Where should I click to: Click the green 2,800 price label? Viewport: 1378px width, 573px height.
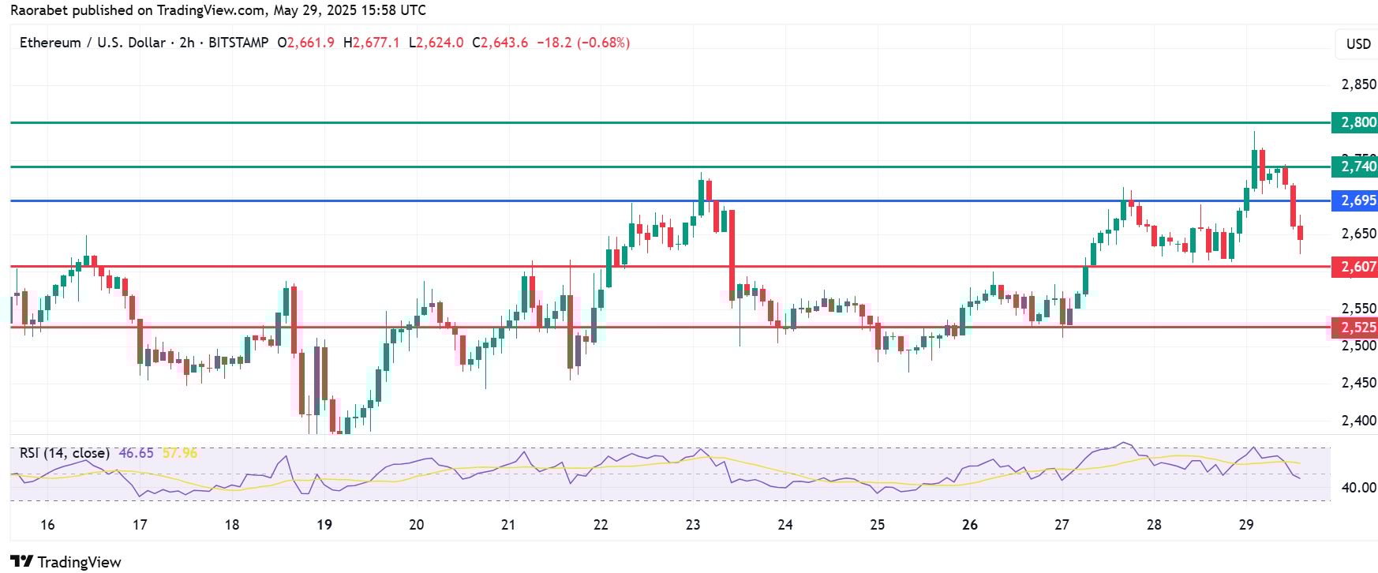pos(1354,122)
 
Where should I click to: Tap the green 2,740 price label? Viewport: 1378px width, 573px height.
pos(1354,167)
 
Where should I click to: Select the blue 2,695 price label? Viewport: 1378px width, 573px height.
pos(1354,200)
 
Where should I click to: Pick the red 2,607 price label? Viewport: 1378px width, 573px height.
pos(1354,267)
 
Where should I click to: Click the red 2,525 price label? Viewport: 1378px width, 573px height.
pos(1354,327)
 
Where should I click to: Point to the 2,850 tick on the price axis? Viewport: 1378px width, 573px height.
pos(1358,84)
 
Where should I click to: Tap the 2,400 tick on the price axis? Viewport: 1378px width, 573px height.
pos(1358,421)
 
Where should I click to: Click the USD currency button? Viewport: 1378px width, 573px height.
pos(1357,44)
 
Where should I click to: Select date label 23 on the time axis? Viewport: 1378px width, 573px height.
pos(693,525)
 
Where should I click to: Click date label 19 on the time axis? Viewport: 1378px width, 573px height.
pos(324,525)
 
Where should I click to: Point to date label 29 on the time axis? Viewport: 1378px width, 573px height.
pos(1246,525)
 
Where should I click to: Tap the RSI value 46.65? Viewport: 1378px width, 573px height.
pos(136,453)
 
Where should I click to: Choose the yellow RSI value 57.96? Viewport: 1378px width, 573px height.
pos(179,453)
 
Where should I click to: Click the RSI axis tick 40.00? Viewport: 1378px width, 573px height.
pos(1359,488)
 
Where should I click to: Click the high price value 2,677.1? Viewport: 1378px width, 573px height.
pos(376,43)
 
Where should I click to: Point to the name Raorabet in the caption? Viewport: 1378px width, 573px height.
pos(38,10)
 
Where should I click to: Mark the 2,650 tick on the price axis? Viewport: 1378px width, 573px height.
pos(1358,234)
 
